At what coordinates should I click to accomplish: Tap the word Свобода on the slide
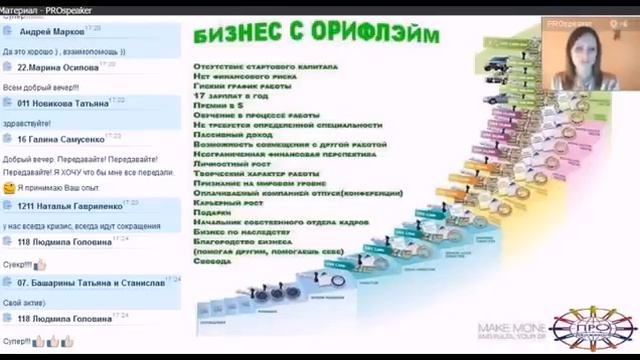(211, 263)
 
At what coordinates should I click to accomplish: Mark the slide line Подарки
(212, 211)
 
